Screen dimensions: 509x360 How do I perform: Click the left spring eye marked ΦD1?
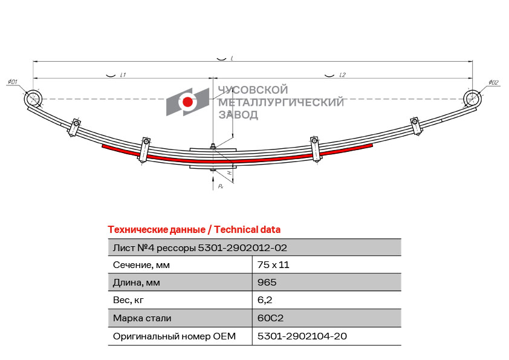[x=33, y=99]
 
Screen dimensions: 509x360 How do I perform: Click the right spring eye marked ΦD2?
[x=472, y=99]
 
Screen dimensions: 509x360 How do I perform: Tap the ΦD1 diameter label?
[x=12, y=82]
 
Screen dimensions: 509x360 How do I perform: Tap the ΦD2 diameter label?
[x=493, y=82]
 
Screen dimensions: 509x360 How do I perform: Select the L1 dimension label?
[x=123, y=75]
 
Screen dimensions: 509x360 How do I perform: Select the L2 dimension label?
[x=342, y=75]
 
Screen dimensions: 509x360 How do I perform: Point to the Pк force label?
[x=221, y=186]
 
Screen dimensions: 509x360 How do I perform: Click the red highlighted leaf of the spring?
[x=237, y=157]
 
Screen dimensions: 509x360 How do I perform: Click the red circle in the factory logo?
[x=187, y=102]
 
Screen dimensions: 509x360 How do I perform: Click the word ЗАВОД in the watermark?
[x=238, y=115]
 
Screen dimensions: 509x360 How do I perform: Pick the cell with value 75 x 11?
[x=273, y=265]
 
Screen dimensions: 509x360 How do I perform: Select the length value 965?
[x=267, y=283]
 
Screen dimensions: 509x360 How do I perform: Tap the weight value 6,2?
[x=265, y=300]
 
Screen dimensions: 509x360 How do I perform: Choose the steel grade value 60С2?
[x=270, y=318]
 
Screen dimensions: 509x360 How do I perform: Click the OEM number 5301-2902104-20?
[x=302, y=336]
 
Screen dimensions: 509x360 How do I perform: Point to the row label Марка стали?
[x=142, y=318]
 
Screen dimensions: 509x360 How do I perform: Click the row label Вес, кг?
[x=128, y=300]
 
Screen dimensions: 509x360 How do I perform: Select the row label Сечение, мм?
[x=141, y=265]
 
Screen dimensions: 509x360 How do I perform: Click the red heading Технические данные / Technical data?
[x=194, y=230]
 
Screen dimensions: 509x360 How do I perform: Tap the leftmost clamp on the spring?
[x=75, y=128]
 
